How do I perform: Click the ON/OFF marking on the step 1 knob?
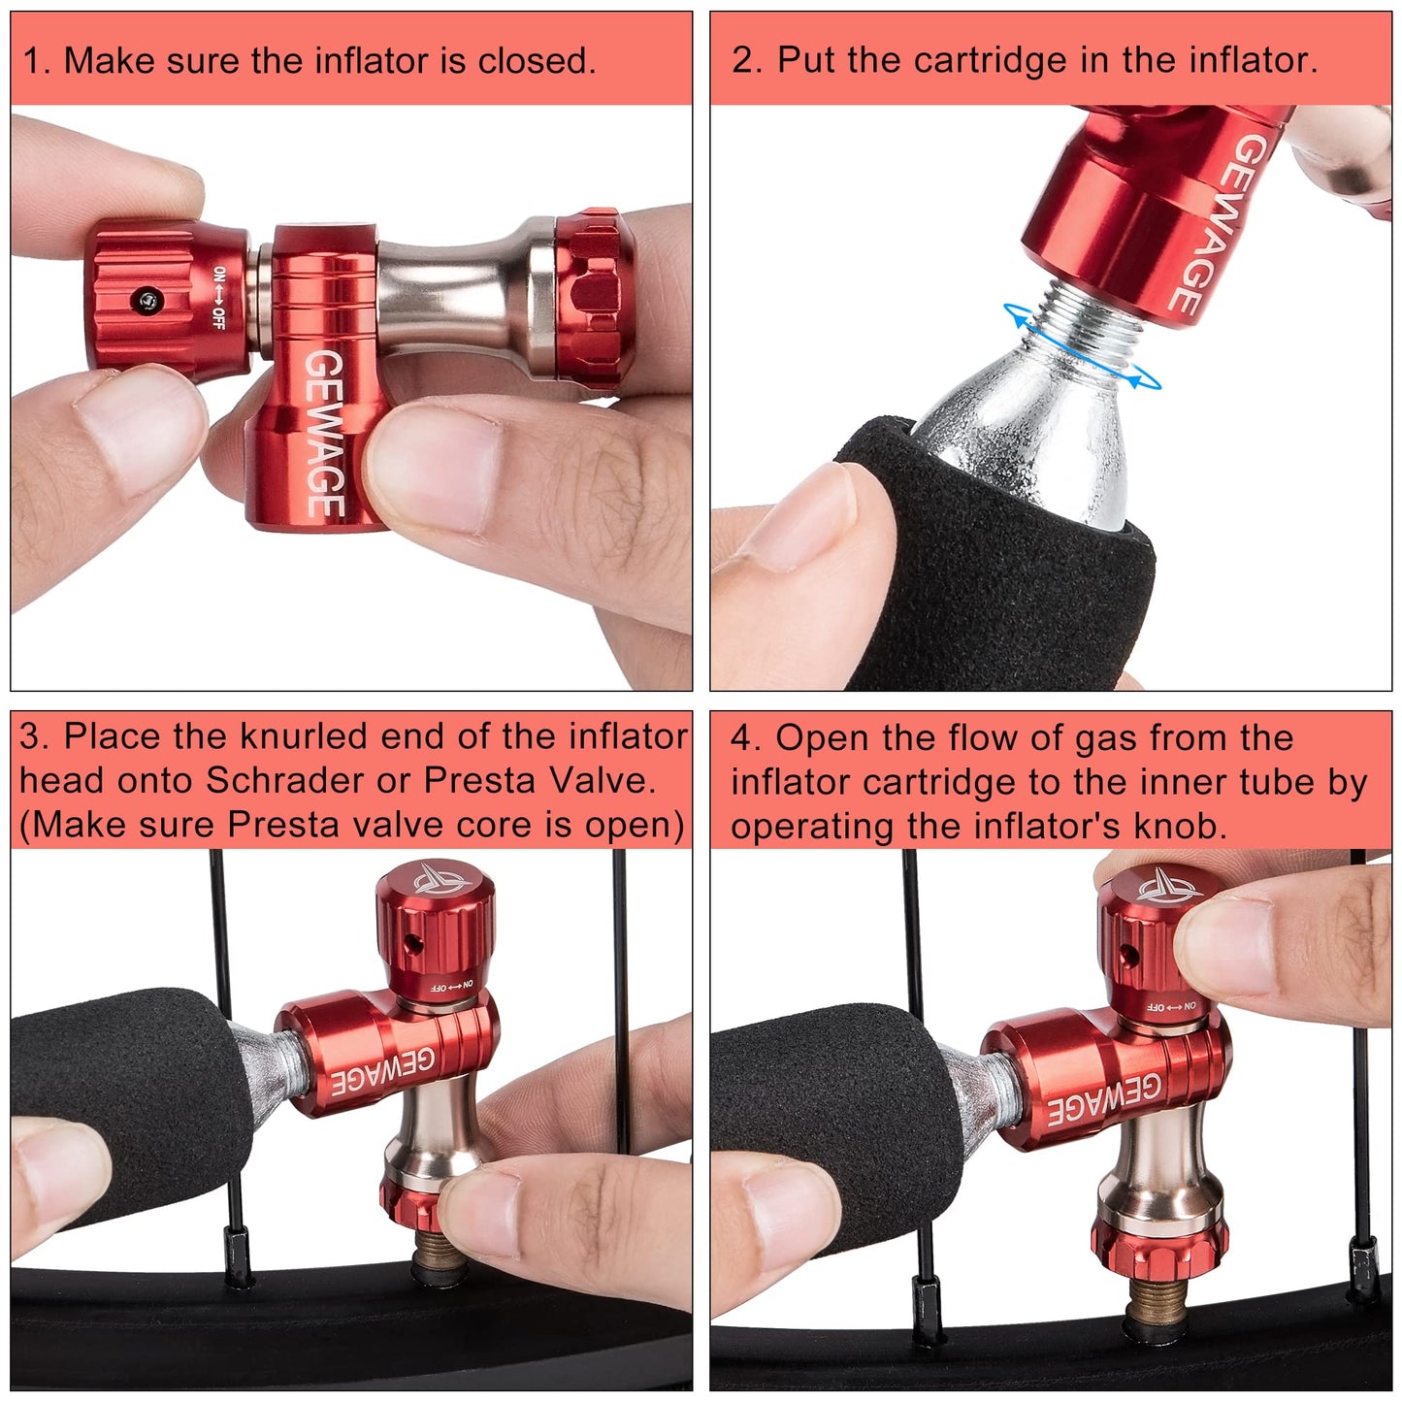(x=219, y=298)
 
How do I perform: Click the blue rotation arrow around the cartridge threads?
(x=1082, y=347)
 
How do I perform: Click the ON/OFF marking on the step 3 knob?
(x=452, y=986)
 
